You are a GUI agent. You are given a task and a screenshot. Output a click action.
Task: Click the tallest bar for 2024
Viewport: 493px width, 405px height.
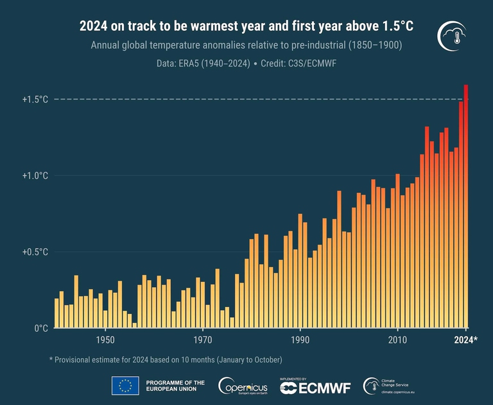tap(466, 205)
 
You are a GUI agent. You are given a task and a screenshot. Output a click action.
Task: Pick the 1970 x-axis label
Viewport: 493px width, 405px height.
tap(203, 340)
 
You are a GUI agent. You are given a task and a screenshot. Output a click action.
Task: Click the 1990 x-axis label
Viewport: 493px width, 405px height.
tap(300, 340)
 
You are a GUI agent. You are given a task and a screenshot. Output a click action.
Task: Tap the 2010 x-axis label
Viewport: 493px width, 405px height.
tap(398, 340)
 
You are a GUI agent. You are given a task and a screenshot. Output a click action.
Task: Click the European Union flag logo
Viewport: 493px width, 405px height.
tap(125, 386)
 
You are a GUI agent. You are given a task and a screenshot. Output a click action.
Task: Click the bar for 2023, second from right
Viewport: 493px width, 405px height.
tap(461, 215)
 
